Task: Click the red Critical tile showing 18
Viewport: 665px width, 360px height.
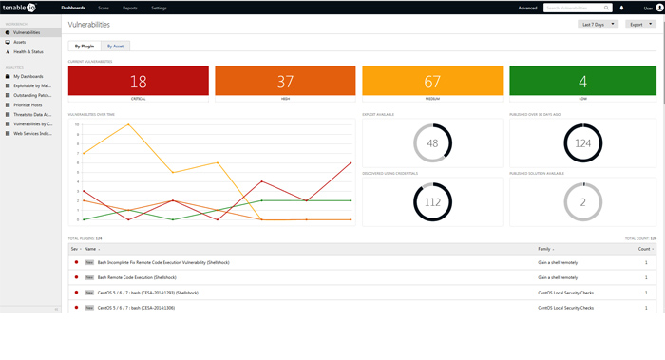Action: (x=138, y=82)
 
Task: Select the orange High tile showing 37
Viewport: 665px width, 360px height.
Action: (x=285, y=82)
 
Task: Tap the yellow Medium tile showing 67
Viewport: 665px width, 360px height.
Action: (x=432, y=82)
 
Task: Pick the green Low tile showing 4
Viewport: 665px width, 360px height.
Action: (x=582, y=82)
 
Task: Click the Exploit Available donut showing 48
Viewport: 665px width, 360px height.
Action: (x=432, y=142)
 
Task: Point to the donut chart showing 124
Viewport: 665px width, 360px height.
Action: (x=582, y=142)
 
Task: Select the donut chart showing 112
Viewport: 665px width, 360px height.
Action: (x=432, y=200)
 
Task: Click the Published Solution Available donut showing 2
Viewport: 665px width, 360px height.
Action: (x=582, y=200)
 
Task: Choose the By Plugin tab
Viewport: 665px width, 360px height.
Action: (x=85, y=46)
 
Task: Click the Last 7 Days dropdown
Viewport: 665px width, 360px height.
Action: (x=598, y=24)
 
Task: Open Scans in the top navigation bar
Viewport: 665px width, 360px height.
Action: (x=103, y=7)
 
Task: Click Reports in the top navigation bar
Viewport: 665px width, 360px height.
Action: (x=129, y=7)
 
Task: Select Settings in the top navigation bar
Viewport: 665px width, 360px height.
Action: (x=159, y=7)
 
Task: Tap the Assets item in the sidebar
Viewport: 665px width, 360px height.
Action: (x=20, y=42)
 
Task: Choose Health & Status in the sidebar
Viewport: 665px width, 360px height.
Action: (x=28, y=51)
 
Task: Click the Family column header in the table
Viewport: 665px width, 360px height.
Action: (x=544, y=248)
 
